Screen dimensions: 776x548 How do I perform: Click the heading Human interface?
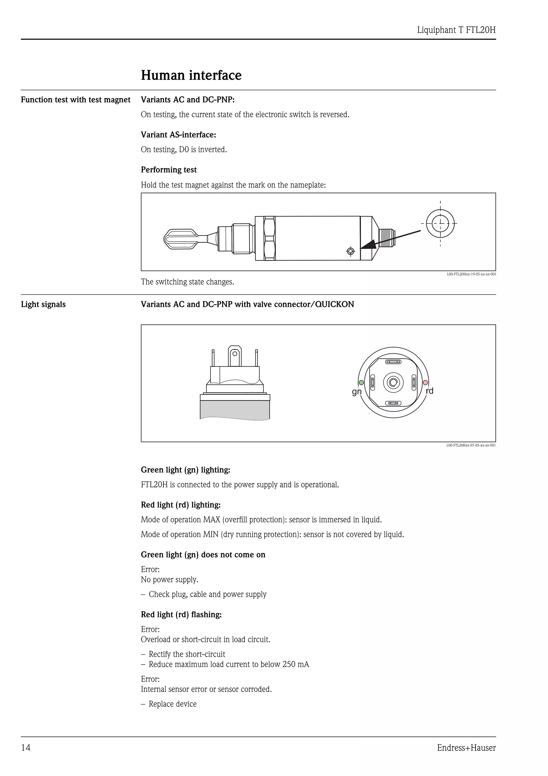click(x=191, y=75)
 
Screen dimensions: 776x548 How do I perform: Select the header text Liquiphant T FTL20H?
click(x=456, y=30)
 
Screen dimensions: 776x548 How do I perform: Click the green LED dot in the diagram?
click(x=361, y=383)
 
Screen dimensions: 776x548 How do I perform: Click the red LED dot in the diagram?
click(x=425, y=383)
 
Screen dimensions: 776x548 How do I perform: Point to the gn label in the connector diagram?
click(x=357, y=392)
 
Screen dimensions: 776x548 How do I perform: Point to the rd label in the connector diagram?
click(x=429, y=391)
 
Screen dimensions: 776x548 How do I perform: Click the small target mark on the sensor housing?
click(x=351, y=251)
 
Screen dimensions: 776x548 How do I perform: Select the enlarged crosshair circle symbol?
click(x=440, y=223)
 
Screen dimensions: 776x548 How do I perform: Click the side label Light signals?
click(x=43, y=304)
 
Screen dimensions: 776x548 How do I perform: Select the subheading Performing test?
click(x=169, y=170)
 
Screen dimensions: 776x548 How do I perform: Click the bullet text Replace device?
click(x=172, y=704)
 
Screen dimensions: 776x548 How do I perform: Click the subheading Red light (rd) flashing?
click(x=181, y=615)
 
